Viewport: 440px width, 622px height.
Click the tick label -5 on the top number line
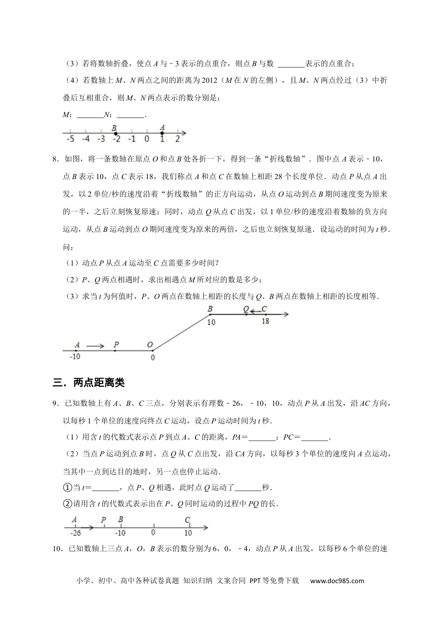[70, 139]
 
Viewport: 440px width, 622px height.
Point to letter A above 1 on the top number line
[162, 127]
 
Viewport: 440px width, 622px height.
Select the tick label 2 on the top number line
[177, 139]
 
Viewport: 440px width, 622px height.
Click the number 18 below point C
[265, 321]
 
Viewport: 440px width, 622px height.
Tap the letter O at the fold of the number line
[150, 345]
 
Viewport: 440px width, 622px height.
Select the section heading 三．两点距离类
[89, 383]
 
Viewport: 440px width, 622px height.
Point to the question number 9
[55, 404]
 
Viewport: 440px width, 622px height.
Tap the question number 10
[57, 549]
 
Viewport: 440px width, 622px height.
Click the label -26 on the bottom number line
[75, 533]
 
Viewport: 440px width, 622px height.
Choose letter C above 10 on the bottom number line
[188, 520]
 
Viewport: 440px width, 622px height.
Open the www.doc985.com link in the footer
[337, 581]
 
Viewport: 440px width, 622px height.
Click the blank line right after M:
[90, 116]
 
